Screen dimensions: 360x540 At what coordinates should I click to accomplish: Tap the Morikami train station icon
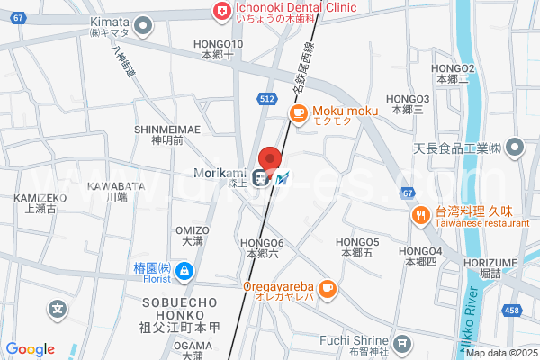point(260,177)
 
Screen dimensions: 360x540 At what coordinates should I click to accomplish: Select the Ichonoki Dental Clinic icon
point(219,9)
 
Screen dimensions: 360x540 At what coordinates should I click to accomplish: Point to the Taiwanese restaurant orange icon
point(419,215)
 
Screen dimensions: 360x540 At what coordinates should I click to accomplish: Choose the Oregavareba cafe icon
point(327,288)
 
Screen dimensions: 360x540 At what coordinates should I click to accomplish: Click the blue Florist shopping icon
point(184,269)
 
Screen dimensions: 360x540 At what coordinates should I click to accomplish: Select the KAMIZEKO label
point(40,197)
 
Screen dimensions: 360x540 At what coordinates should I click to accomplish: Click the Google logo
point(30,349)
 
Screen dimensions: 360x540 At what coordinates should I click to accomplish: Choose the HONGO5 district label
point(356,242)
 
